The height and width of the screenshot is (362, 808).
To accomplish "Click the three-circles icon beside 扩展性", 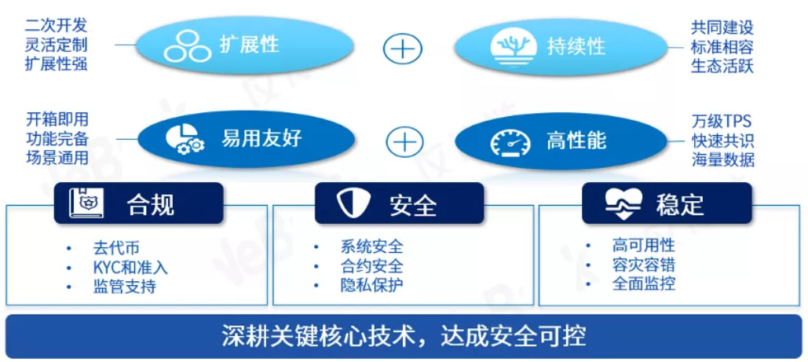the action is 188,46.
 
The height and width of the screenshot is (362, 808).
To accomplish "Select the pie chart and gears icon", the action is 185,138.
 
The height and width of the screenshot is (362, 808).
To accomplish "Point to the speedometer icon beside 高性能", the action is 510,142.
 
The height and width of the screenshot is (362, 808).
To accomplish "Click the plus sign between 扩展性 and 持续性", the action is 403,49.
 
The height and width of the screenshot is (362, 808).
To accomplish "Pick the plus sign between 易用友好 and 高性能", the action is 404,141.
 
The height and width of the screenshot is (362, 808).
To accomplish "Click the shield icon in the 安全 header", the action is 353,203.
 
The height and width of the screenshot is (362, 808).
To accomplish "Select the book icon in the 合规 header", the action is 86,203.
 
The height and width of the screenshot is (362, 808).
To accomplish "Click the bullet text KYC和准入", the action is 130,267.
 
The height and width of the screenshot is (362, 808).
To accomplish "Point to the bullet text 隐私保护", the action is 371,284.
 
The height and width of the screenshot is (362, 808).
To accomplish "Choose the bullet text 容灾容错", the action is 644,265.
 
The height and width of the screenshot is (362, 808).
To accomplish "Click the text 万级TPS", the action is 722,121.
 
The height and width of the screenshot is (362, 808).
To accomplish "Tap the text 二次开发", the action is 57,25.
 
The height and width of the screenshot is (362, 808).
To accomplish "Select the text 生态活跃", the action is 722,66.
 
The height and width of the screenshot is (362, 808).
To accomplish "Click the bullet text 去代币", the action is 116,248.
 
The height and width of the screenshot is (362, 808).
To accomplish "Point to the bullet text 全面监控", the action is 644,283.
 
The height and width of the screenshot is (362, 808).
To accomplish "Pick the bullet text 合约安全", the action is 371,265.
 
